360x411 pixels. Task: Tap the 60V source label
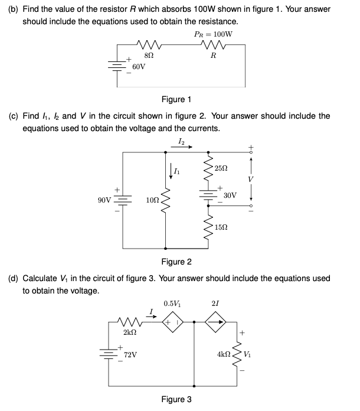tap(139, 68)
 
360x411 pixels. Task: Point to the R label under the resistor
tap(213, 57)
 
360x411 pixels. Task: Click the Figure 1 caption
tap(176, 100)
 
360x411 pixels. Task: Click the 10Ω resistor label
tap(152, 202)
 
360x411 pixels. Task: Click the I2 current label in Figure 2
tap(181, 140)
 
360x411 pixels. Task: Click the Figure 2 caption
tap(176, 262)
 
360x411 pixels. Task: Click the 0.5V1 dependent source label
tap(172, 304)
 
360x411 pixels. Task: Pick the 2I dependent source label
tap(215, 304)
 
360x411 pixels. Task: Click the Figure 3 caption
tap(176, 400)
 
